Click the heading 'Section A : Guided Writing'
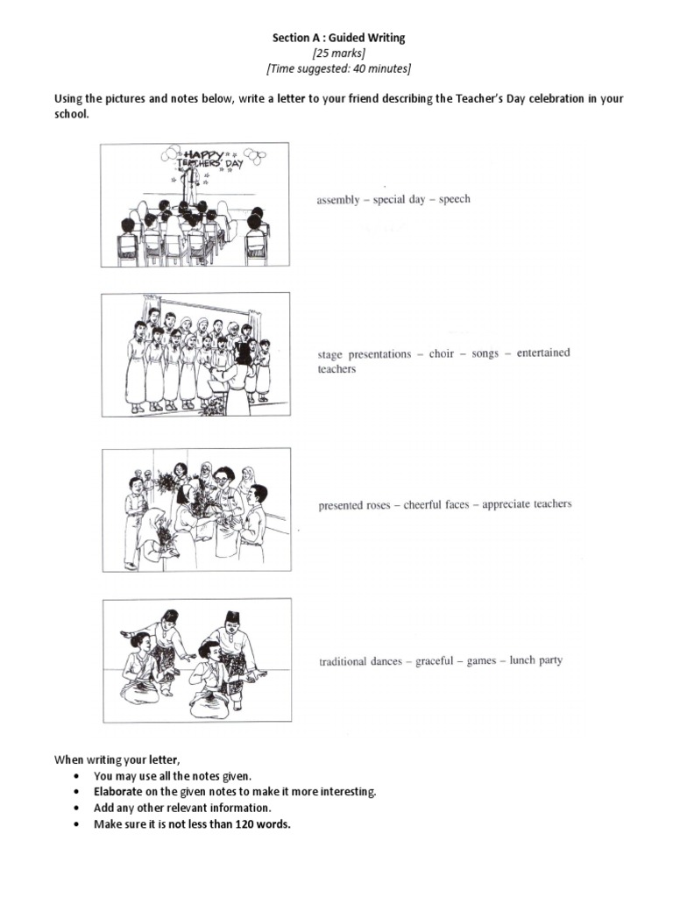click(x=336, y=39)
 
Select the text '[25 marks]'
click(x=336, y=53)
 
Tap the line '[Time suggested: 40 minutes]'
click(x=336, y=68)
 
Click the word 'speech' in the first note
click(x=454, y=199)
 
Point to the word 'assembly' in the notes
click(x=338, y=200)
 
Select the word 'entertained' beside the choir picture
click(x=542, y=353)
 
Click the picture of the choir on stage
click(x=195, y=353)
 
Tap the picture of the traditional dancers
click(x=195, y=659)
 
